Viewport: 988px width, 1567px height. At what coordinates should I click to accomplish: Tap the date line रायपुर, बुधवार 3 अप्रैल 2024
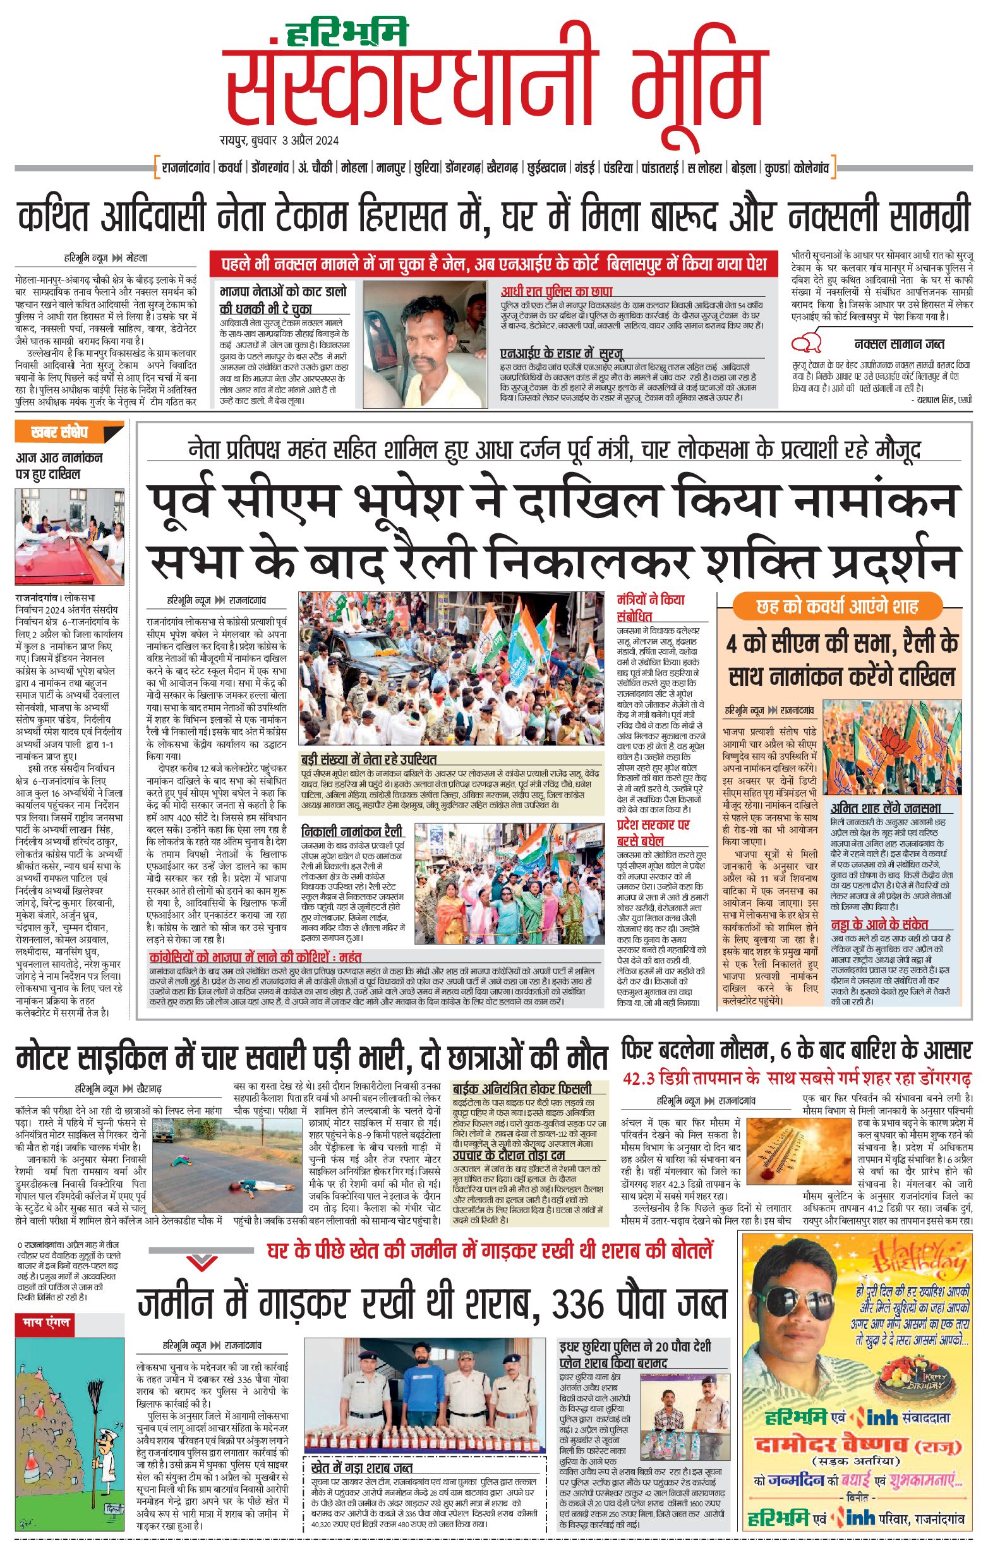[279, 140]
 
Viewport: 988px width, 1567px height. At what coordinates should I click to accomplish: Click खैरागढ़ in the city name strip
[502, 168]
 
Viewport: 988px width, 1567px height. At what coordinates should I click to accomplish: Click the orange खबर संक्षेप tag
[60, 432]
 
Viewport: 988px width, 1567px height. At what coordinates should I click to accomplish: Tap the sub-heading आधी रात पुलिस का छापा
[556, 291]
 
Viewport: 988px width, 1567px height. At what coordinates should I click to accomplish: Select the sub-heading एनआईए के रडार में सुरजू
[562, 353]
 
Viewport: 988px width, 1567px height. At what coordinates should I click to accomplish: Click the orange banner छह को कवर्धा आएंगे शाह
[837, 607]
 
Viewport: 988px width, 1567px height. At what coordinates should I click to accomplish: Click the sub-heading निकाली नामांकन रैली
[352, 831]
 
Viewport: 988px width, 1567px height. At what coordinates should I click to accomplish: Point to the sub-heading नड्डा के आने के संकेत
[879, 924]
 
